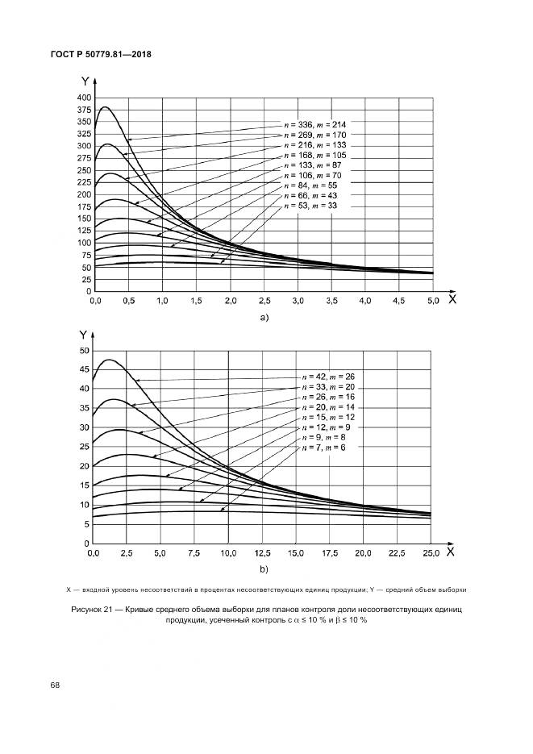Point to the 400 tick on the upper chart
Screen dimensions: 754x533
click(x=83, y=97)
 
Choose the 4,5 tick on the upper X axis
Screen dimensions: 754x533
click(x=398, y=301)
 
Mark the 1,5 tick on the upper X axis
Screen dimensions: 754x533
click(x=196, y=301)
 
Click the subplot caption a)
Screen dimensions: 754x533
click(x=263, y=318)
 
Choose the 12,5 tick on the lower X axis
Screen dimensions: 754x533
click(x=263, y=553)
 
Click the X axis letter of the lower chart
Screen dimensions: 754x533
click(x=450, y=552)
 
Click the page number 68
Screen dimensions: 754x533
click(x=55, y=685)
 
